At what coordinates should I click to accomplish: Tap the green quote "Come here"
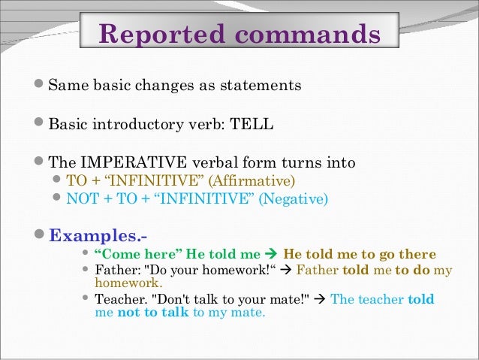[136, 254]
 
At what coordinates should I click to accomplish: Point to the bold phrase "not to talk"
[153, 313]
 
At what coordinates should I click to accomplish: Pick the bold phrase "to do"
[411, 271]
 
